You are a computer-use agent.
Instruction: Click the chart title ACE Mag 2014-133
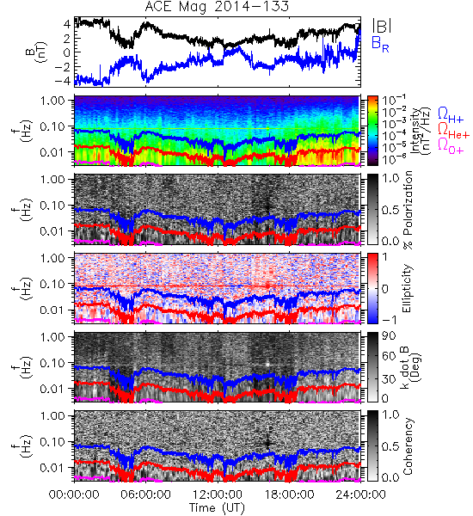pos(217,7)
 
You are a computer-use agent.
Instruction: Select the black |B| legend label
pos(382,26)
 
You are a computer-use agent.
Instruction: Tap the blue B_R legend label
pos(380,44)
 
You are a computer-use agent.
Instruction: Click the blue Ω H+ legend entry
pos(451,115)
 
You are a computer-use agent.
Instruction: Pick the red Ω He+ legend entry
pos(453,131)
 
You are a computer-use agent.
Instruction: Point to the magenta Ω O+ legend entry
pos(451,146)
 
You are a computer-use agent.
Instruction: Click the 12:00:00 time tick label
pos(218,494)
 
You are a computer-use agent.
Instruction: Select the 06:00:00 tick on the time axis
pos(145,494)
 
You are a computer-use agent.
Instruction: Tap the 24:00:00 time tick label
pos(360,494)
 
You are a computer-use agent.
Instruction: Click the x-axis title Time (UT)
pos(217,507)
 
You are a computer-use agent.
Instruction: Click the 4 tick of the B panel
pos(67,24)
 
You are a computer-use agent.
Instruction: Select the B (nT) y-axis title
pos(36,52)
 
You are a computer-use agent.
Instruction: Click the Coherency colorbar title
pos(408,446)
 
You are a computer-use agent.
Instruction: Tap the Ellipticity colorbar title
pos(407,289)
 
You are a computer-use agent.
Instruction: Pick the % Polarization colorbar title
pos(408,210)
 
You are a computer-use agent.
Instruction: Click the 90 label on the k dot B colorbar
pos(389,336)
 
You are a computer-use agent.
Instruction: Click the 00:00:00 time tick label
pos(74,494)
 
